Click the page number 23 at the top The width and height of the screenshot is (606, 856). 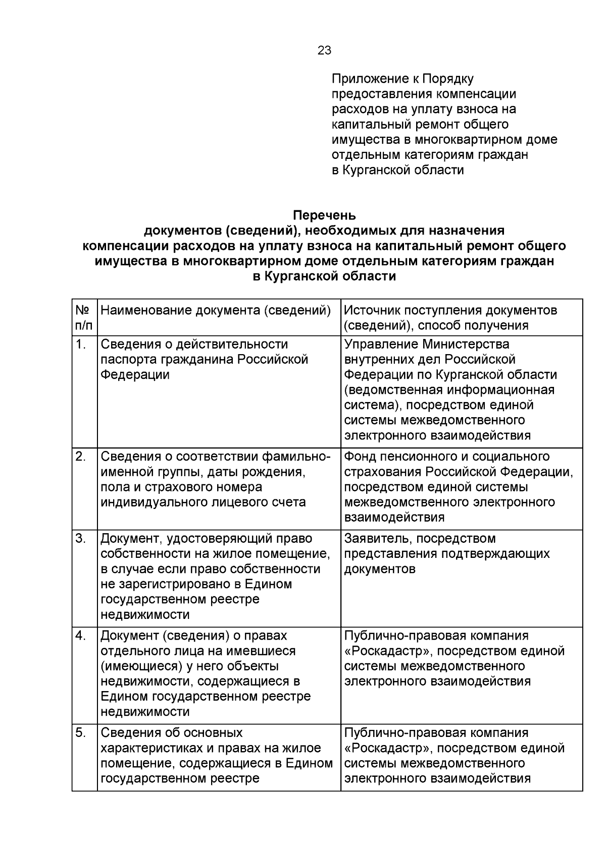324,50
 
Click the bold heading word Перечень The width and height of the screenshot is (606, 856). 324,215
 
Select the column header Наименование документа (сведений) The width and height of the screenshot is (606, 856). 216,310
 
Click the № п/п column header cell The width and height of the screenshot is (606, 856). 83,317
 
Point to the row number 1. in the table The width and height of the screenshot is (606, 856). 80,344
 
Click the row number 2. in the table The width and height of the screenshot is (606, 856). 80,456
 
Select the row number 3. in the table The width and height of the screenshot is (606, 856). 80,538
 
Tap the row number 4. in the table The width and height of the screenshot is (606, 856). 80,636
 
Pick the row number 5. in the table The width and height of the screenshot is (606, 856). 80,732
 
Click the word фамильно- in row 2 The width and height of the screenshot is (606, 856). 296,456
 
